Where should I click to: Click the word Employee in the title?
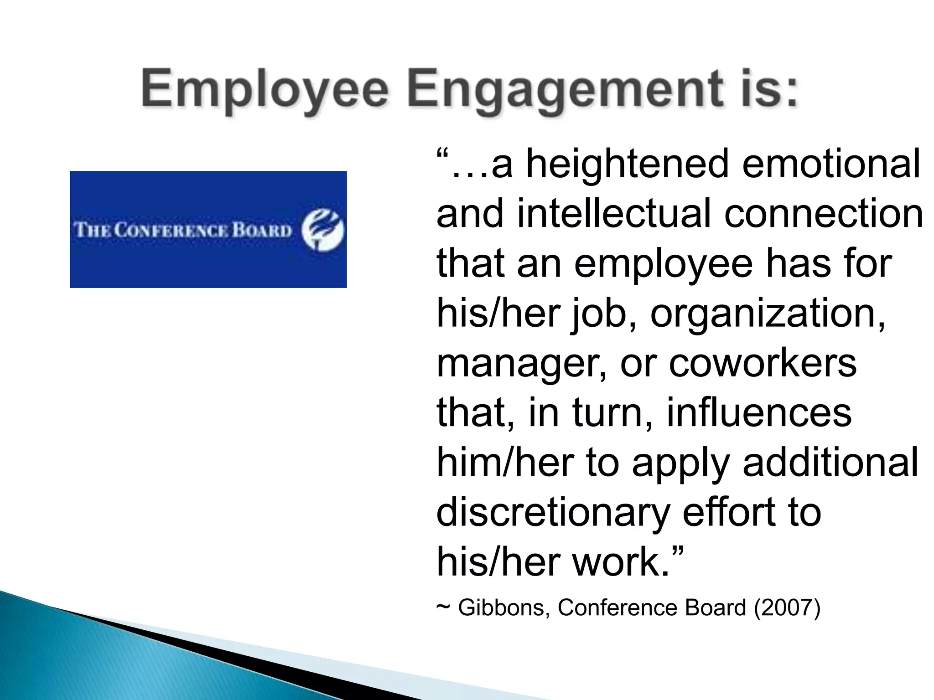(x=265, y=90)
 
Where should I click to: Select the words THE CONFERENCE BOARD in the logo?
(x=183, y=230)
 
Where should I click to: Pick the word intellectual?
(x=614, y=214)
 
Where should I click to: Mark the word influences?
(x=759, y=412)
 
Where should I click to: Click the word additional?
(x=830, y=462)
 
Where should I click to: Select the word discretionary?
(x=552, y=512)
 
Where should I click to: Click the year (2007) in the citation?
(x=787, y=607)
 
